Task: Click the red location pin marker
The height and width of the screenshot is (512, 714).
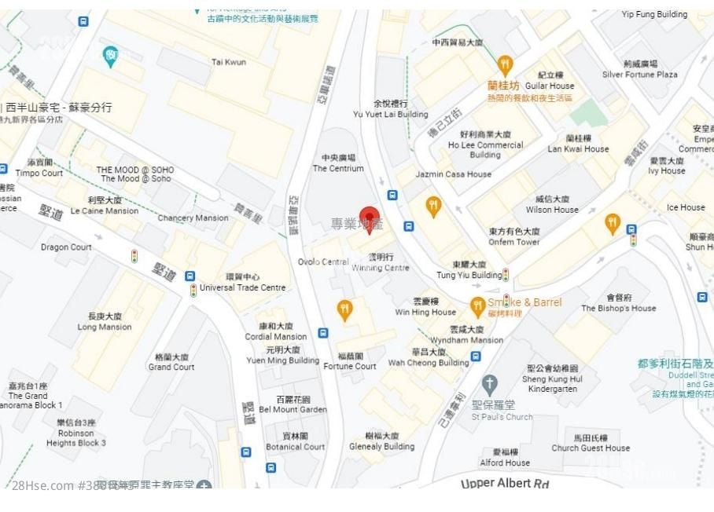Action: (x=370, y=218)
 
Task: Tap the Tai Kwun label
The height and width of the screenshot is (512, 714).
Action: (x=229, y=62)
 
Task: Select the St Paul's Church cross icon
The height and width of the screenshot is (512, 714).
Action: (x=490, y=385)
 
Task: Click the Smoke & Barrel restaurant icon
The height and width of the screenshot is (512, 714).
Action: (x=477, y=306)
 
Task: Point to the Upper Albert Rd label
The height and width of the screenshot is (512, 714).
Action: (x=505, y=483)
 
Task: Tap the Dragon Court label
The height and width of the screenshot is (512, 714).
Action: (x=66, y=247)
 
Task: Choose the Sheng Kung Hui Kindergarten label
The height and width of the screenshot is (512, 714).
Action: (x=551, y=379)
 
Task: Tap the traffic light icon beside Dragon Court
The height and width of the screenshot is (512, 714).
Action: (x=134, y=256)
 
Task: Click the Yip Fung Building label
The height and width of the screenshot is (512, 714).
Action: (x=654, y=14)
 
